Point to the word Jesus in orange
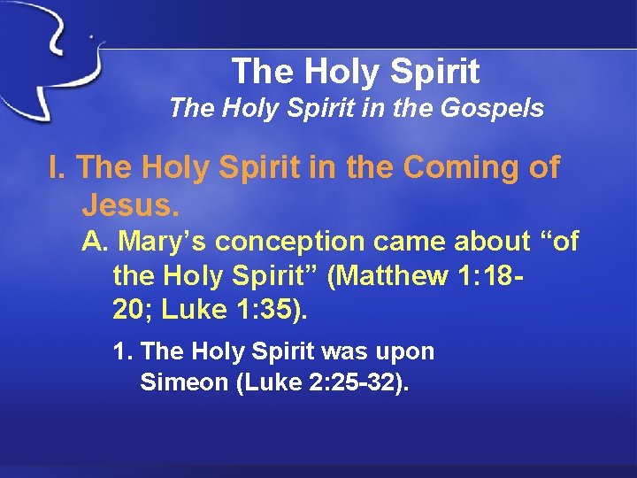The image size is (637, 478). (130, 205)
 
